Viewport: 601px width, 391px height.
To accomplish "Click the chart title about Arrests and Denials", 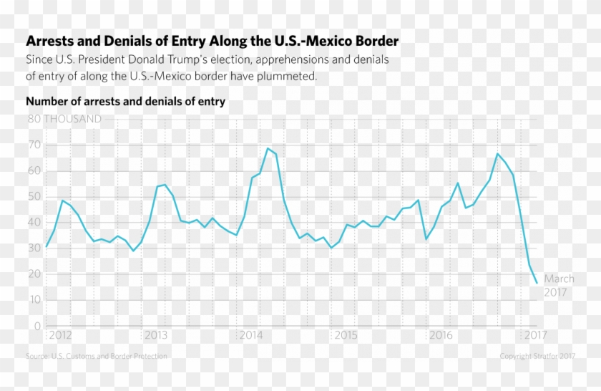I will coord(212,41).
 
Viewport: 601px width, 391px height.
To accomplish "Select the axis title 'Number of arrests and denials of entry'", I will coord(125,102).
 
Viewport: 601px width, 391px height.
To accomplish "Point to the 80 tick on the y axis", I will coord(34,119).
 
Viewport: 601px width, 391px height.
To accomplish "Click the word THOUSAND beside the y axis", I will coord(73,119).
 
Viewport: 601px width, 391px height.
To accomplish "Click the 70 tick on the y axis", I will coord(34,145).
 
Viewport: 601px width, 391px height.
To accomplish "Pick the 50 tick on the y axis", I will coord(34,197).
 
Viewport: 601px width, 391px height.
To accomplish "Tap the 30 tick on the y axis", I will coord(34,248).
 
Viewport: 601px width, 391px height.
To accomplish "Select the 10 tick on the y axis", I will coord(34,300).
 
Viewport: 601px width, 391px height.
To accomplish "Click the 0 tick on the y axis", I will coord(36,326).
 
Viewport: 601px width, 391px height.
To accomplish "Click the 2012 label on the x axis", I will coord(60,335).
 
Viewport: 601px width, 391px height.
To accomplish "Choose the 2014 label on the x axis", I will coord(251,335).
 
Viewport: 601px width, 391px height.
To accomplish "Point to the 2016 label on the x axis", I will coord(441,335).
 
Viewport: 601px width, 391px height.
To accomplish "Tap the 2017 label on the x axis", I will coord(536,335).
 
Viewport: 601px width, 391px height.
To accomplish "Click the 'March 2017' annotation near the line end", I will coord(559,286).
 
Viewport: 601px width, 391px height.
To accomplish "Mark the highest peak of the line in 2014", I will coord(268,148).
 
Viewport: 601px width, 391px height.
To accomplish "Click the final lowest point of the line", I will coord(537,283).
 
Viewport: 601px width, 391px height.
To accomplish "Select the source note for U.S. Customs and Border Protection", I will coord(97,356).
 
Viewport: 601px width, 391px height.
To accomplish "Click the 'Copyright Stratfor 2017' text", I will coord(537,356).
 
